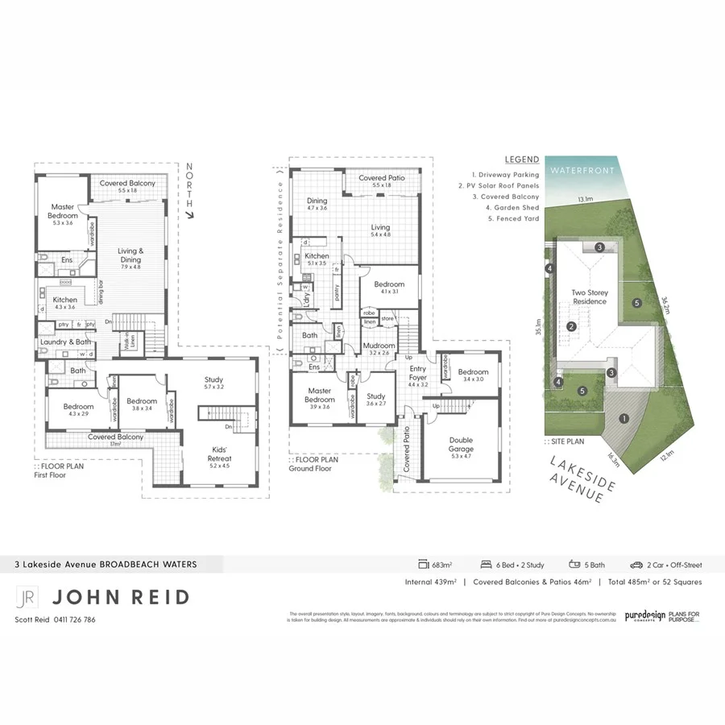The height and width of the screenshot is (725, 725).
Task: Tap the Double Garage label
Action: (x=461, y=445)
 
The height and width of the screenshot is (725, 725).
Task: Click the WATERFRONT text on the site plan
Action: (x=580, y=170)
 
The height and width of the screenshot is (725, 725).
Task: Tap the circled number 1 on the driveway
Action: (x=623, y=418)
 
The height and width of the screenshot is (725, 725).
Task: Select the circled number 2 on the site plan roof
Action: (x=570, y=326)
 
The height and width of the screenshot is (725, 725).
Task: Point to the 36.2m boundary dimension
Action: (x=665, y=305)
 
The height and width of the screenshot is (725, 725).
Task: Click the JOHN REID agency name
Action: (x=121, y=597)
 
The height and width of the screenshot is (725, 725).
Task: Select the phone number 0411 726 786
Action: (x=75, y=619)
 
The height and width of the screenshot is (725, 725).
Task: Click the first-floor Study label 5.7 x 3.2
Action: (x=213, y=383)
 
